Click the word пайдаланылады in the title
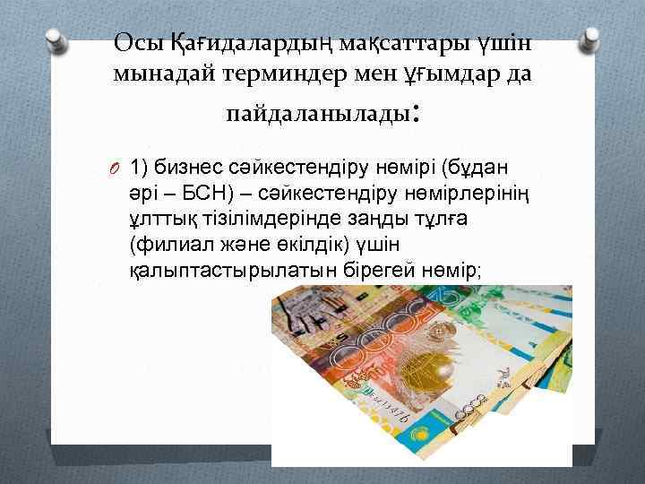click(315, 115)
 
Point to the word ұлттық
click(159, 218)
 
